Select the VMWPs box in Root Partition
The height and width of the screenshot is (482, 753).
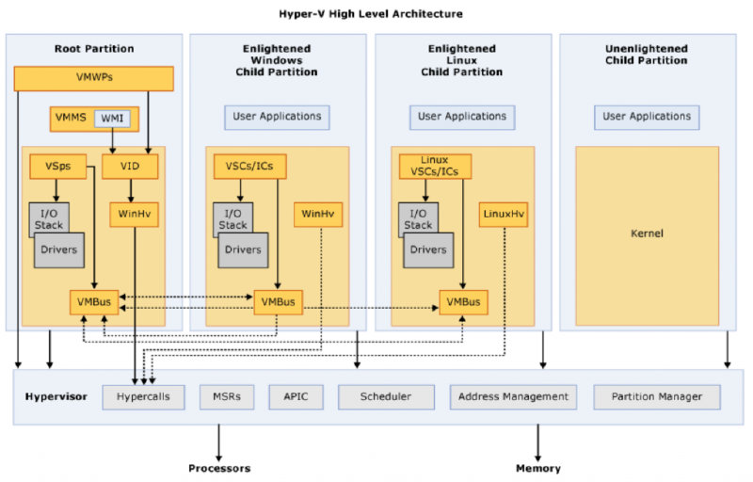coord(94,79)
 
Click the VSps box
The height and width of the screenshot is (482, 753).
coord(56,166)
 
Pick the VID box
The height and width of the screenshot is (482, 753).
coord(130,167)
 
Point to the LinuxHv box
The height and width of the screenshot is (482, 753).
coord(503,215)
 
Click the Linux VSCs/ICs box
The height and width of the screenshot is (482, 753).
coord(435,166)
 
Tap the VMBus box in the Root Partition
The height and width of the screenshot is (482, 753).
coord(94,302)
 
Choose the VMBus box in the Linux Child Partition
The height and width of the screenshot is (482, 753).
coord(463,302)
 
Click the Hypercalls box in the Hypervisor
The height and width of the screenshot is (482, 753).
coord(144,397)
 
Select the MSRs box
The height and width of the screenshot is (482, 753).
coord(226,397)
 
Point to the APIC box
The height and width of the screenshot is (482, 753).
coord(290,397)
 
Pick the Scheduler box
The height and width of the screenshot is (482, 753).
coord(386,397)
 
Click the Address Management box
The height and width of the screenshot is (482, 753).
coord(513,397)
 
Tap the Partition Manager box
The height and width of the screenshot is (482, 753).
coord(656,397)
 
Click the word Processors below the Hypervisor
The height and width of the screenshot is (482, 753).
coord(219,468)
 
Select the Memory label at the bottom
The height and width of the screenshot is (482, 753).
coord(538,468)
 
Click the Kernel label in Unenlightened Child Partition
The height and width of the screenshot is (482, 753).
coord(648,233)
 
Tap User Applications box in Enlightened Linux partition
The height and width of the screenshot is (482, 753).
coord(462,117)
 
